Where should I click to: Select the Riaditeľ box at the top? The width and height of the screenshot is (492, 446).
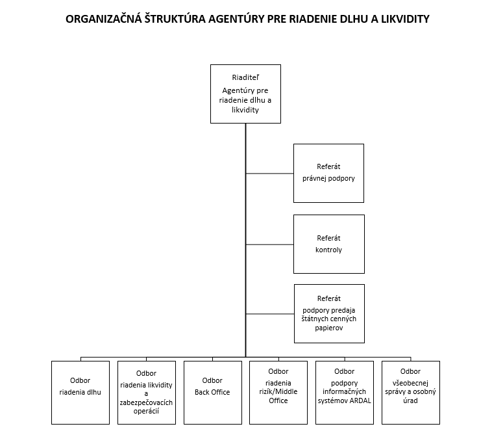[245, 94]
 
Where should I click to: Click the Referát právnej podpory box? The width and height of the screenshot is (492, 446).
[328, 173]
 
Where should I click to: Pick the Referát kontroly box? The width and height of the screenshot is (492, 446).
[328, 244]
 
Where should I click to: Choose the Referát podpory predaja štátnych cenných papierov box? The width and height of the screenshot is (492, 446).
[328, 313]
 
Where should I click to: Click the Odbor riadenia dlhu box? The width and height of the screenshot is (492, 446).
[80, 393]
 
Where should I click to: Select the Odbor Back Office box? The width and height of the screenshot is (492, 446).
[212, 393]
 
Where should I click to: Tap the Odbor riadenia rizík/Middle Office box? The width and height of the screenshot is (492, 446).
[278, 393]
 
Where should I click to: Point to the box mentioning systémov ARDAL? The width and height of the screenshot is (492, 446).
[344, 393]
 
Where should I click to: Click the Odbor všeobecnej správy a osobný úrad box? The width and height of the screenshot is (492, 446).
[410, 393]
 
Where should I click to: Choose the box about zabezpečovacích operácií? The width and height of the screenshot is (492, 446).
[147, 393]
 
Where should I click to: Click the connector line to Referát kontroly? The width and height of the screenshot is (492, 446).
[269, 244]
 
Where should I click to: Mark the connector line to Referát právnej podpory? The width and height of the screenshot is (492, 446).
[269, 174]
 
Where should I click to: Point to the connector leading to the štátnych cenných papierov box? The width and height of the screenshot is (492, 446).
[269, 314]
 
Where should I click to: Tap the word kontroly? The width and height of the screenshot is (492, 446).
[328, 250]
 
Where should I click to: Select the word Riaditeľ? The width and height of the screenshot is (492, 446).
[245, 77]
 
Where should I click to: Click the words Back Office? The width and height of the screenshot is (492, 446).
[212, 392]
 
